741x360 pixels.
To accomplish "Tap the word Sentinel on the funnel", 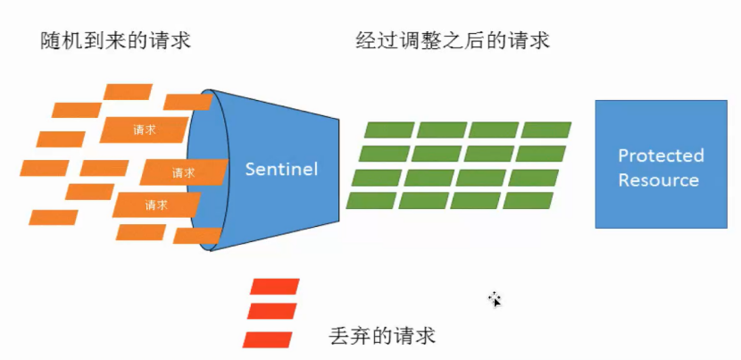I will [281, 168].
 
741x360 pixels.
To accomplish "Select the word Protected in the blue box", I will [661, 155].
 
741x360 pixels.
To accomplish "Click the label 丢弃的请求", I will [381, 337].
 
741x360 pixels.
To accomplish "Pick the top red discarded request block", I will [275, 287].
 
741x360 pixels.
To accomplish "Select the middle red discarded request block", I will [271, 312].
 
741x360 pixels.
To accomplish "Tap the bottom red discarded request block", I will [268, 339].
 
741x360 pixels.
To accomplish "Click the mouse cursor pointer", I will [494, 299].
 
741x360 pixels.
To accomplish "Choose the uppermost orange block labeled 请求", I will [144, 130].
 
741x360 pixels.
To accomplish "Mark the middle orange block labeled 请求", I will [182, 172].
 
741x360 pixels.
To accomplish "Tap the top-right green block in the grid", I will [546, 130].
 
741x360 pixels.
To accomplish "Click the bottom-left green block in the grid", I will [370, 200].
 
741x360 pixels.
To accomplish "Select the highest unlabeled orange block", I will [129, 91].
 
